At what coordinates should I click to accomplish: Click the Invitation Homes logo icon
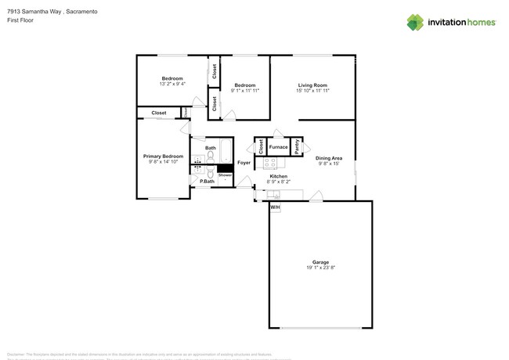click(x=415, y=22)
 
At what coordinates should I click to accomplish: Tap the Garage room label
click(x=320, y=262)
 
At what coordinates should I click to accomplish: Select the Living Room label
click(x=312, y=85)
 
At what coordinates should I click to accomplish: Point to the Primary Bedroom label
click(x=163, y=157)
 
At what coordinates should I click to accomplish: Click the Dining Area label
click(x=329, y=159)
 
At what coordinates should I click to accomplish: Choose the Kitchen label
click(x=279, y=177)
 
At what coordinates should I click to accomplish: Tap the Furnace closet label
click(x=278, y=147)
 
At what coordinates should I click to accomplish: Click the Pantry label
click(x=297, y=147)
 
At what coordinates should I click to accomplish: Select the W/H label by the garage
click(x=275, y=207)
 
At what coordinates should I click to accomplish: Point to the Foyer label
click(x=244, y=163)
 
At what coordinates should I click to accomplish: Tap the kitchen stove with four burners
click(x=270, y=164)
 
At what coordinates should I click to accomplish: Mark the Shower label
click(x=225, y=175)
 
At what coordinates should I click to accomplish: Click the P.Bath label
click(x=207, y=182)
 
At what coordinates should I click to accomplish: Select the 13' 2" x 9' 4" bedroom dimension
click(x=172, y=84)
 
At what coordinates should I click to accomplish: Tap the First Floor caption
click(x=19, y=21)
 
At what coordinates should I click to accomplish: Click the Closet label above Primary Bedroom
click(x=159, y=113)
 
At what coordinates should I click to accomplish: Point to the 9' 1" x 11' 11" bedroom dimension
click(x=245, y=91)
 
